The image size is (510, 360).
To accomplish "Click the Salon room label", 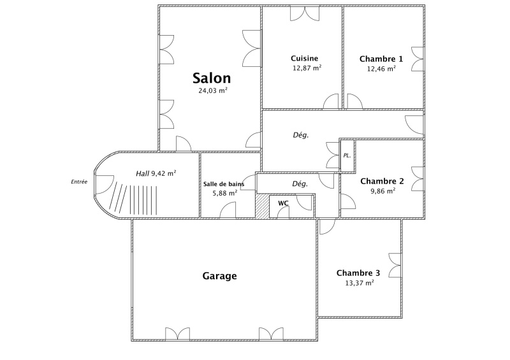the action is [212, 78].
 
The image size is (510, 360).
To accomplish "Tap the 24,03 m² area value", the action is [213, 90].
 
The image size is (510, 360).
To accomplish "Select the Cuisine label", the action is [305, 59].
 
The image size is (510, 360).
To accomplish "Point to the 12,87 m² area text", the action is [307, 68].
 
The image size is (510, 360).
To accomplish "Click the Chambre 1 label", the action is [381, 59].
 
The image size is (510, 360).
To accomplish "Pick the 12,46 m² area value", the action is [381, 69].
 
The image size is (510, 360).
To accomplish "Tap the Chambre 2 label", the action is [382, 181].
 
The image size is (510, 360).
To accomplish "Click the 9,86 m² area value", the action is [383, 191].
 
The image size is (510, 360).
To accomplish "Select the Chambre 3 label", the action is [358, 273].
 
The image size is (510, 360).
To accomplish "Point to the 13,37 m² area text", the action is [360, 283].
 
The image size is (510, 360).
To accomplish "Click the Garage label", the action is [219, 276].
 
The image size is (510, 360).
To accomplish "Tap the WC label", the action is [283, 203].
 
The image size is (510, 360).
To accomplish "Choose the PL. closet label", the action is [347, 155].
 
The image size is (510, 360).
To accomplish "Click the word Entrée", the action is [79, 182].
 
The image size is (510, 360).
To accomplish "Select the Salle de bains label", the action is [224, 184].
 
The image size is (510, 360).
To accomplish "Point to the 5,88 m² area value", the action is [225, 193].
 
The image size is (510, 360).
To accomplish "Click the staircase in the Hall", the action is [133, 199].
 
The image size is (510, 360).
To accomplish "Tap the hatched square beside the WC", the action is [262, 206].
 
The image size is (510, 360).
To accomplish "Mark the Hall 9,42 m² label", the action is [156, 173].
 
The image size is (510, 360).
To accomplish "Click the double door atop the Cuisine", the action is [305, 13].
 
